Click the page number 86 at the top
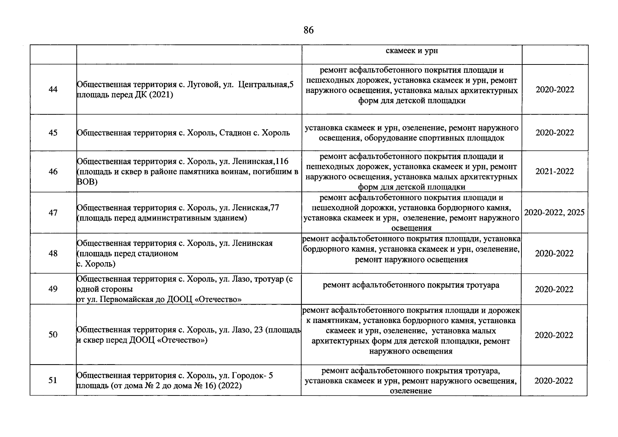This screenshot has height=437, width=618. (308, 30)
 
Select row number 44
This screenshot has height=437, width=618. (53, 90)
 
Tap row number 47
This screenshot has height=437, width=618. (53, 213)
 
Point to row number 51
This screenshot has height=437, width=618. (53, 380)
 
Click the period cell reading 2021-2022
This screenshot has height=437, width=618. (554, 171)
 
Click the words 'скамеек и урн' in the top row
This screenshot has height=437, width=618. (412, 51)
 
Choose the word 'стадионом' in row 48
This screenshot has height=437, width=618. (160, 253)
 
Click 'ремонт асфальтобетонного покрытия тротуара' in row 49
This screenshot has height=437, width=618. (411, 285)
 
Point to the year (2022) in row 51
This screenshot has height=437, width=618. (230, 386)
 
